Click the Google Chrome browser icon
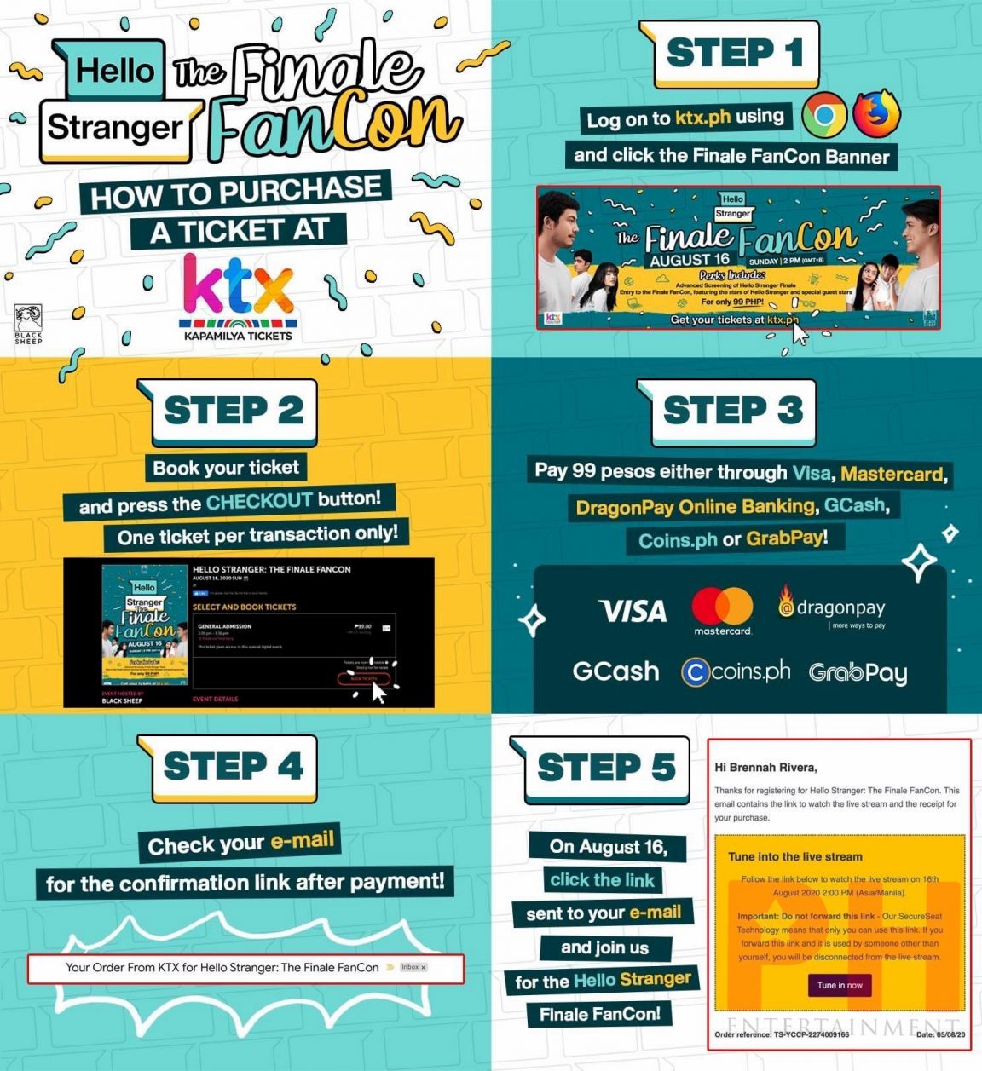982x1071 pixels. (x=823, y=116)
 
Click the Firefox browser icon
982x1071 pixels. (x=876, y=113)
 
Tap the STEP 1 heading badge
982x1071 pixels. (x=733, y=54)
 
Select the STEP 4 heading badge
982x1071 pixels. (x=232, y=767)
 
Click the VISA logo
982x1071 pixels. (x=633, y=611)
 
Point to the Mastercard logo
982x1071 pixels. (x=722, y=611)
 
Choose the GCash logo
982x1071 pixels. (x=615, y=671)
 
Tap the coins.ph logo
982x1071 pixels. (x=736, y=672)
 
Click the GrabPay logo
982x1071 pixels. (x=858, y=673)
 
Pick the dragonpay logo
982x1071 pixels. (x=832, y=607)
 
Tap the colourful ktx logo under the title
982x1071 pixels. (x=238, y=286)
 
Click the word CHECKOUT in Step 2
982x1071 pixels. (x=259, y=501)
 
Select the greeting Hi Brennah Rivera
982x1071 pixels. (x=765, y=767)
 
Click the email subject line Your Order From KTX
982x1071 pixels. (x=222, y=967)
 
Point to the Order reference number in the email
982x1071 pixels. (x=782, y=1034)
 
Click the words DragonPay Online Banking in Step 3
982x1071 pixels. (x=695, y=507)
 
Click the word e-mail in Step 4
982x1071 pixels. (x=303, y=841)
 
